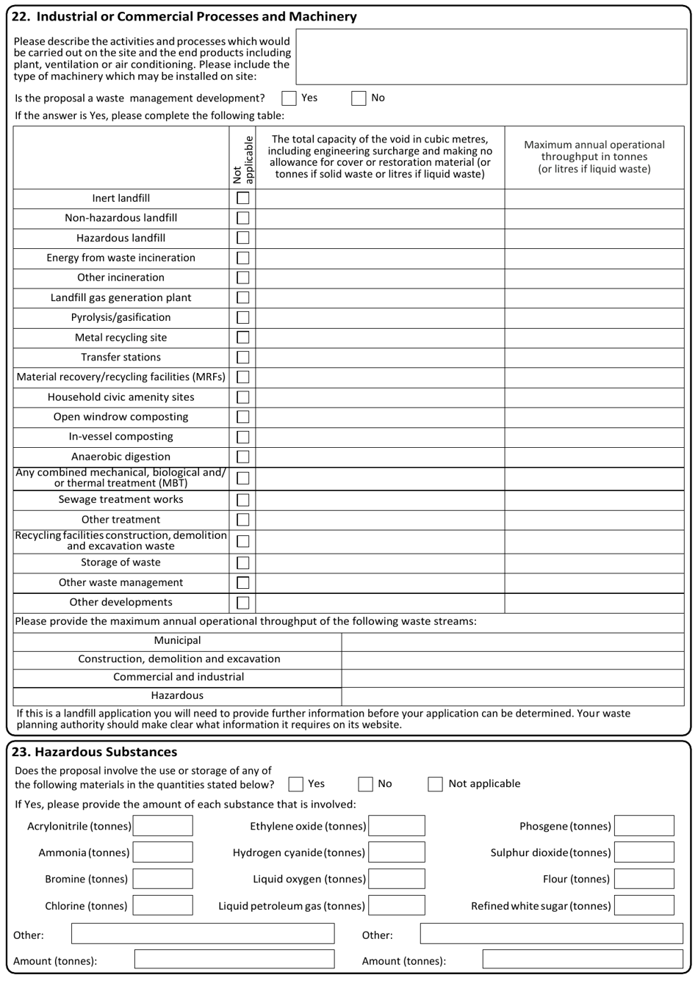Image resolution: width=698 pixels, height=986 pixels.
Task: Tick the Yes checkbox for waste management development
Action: click(289, 98)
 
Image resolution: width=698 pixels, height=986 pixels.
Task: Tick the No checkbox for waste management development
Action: click(359, 98)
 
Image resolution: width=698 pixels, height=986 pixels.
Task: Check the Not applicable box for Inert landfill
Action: click(242, 198)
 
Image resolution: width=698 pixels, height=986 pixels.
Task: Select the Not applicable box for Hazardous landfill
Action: click(242, 238)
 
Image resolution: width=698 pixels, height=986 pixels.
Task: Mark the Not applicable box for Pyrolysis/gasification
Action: click(242, 318)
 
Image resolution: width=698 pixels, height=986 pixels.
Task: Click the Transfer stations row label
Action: click(121, 358)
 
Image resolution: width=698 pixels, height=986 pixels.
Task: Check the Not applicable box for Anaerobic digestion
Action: click(242, 457)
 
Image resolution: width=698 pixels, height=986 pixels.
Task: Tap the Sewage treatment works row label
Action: click(121, 500)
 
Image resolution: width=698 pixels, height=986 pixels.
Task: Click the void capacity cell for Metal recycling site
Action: click(380, 338)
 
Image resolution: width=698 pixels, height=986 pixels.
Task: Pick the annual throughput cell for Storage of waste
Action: click(594, 563)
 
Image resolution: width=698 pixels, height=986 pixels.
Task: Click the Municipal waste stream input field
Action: click(512, 641)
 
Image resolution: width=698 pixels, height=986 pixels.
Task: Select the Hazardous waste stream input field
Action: click(512, 696)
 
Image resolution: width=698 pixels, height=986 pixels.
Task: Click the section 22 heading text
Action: click(184, 16)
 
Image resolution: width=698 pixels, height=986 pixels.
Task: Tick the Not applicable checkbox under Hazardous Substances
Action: click(436, 784)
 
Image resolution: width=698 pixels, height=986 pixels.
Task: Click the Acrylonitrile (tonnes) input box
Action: click(163, 826)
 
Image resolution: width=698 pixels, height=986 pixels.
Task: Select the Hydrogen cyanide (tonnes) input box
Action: click(397, 852)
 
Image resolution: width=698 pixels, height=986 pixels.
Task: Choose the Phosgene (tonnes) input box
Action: click(644, 826)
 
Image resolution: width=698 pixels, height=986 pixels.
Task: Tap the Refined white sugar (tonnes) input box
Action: click(644, 905)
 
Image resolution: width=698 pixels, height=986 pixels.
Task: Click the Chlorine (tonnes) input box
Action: click(163, 905)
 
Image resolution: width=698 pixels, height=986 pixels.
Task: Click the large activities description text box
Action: click(491, 57)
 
